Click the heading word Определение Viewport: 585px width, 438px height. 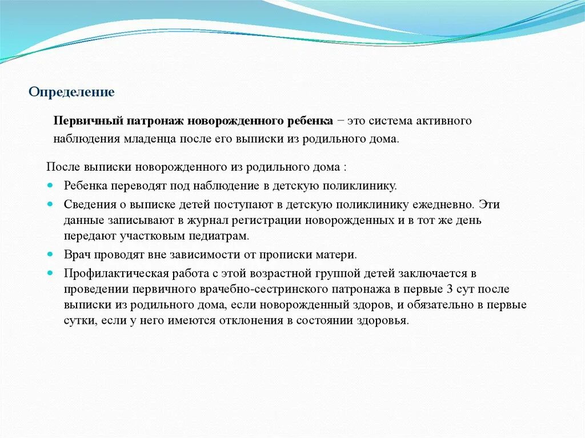(72, 92)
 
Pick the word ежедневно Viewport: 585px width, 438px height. (444, 204)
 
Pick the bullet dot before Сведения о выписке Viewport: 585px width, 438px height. (50, 203)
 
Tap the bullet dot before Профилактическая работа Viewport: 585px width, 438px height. (50, 272)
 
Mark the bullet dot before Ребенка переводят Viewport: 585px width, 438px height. (50, 186)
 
